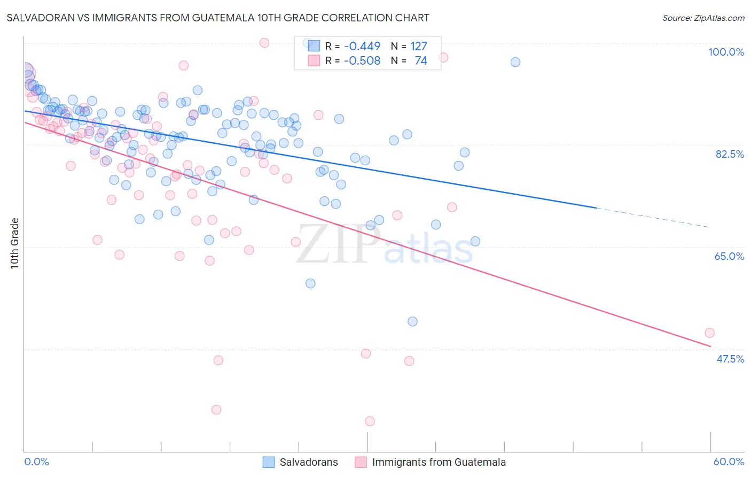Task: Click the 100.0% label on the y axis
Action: pos(726,52)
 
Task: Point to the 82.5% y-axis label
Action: pos(730,154)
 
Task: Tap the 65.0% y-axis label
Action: pos(729,256)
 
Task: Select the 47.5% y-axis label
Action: pos(730,359)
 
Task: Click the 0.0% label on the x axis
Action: pos(36,461)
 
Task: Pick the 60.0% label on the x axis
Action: pos(729,461)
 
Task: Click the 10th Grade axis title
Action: pos(15,243)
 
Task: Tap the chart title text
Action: pos(218,18)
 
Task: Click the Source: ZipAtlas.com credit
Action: pos(703,18)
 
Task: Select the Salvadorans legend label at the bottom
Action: pos(309,462)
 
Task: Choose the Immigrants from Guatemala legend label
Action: pos(439,462)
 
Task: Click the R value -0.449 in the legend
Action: pos(362,47)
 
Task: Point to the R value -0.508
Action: pos(362,61)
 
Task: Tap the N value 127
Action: pos(419,47)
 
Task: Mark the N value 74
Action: pos(421,61)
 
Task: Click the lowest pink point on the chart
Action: pos(370,421)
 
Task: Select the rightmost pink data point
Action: pos(709,333)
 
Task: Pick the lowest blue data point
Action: pos(412,321)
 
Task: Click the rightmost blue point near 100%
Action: pos(515,62)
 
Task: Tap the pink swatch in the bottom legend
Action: pos(361,462)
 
